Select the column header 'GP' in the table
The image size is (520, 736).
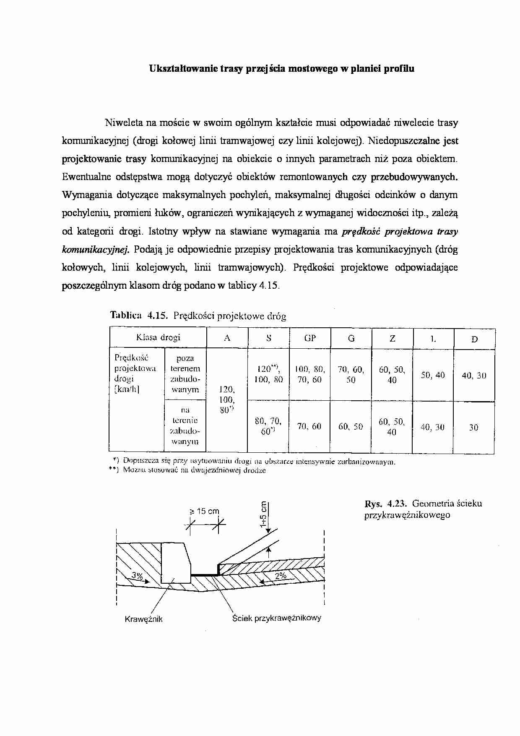[310, 338]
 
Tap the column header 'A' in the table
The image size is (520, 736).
[227, 338]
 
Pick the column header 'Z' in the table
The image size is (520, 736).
[392, 338]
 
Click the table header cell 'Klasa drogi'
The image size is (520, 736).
[158, 337]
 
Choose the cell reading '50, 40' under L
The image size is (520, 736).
[433, 375]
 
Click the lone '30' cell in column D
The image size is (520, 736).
[473, 428]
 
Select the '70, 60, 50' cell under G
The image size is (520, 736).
[351, 375]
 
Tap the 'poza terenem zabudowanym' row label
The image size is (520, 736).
[185, 374]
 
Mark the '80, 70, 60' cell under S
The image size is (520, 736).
[268, 426]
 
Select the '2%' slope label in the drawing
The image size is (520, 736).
[281, 576]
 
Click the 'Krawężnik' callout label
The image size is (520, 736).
[143, 619]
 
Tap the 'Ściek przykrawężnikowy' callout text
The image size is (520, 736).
[277, 618]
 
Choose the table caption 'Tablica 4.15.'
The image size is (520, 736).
[139, 316]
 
